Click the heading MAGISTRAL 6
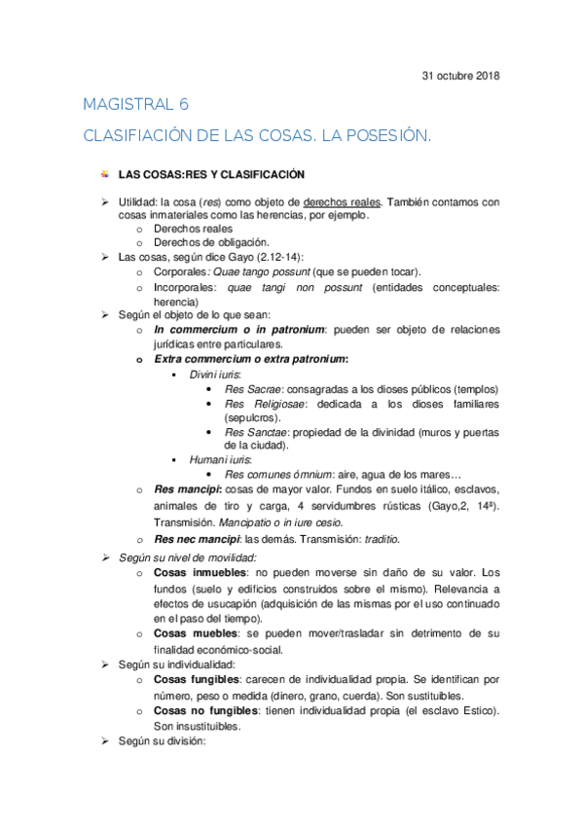click(x=136, y=105)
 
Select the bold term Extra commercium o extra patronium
click(x=250, y=359)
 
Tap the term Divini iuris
click(x=215, y=375)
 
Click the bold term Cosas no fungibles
click(x=201, y=711)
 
